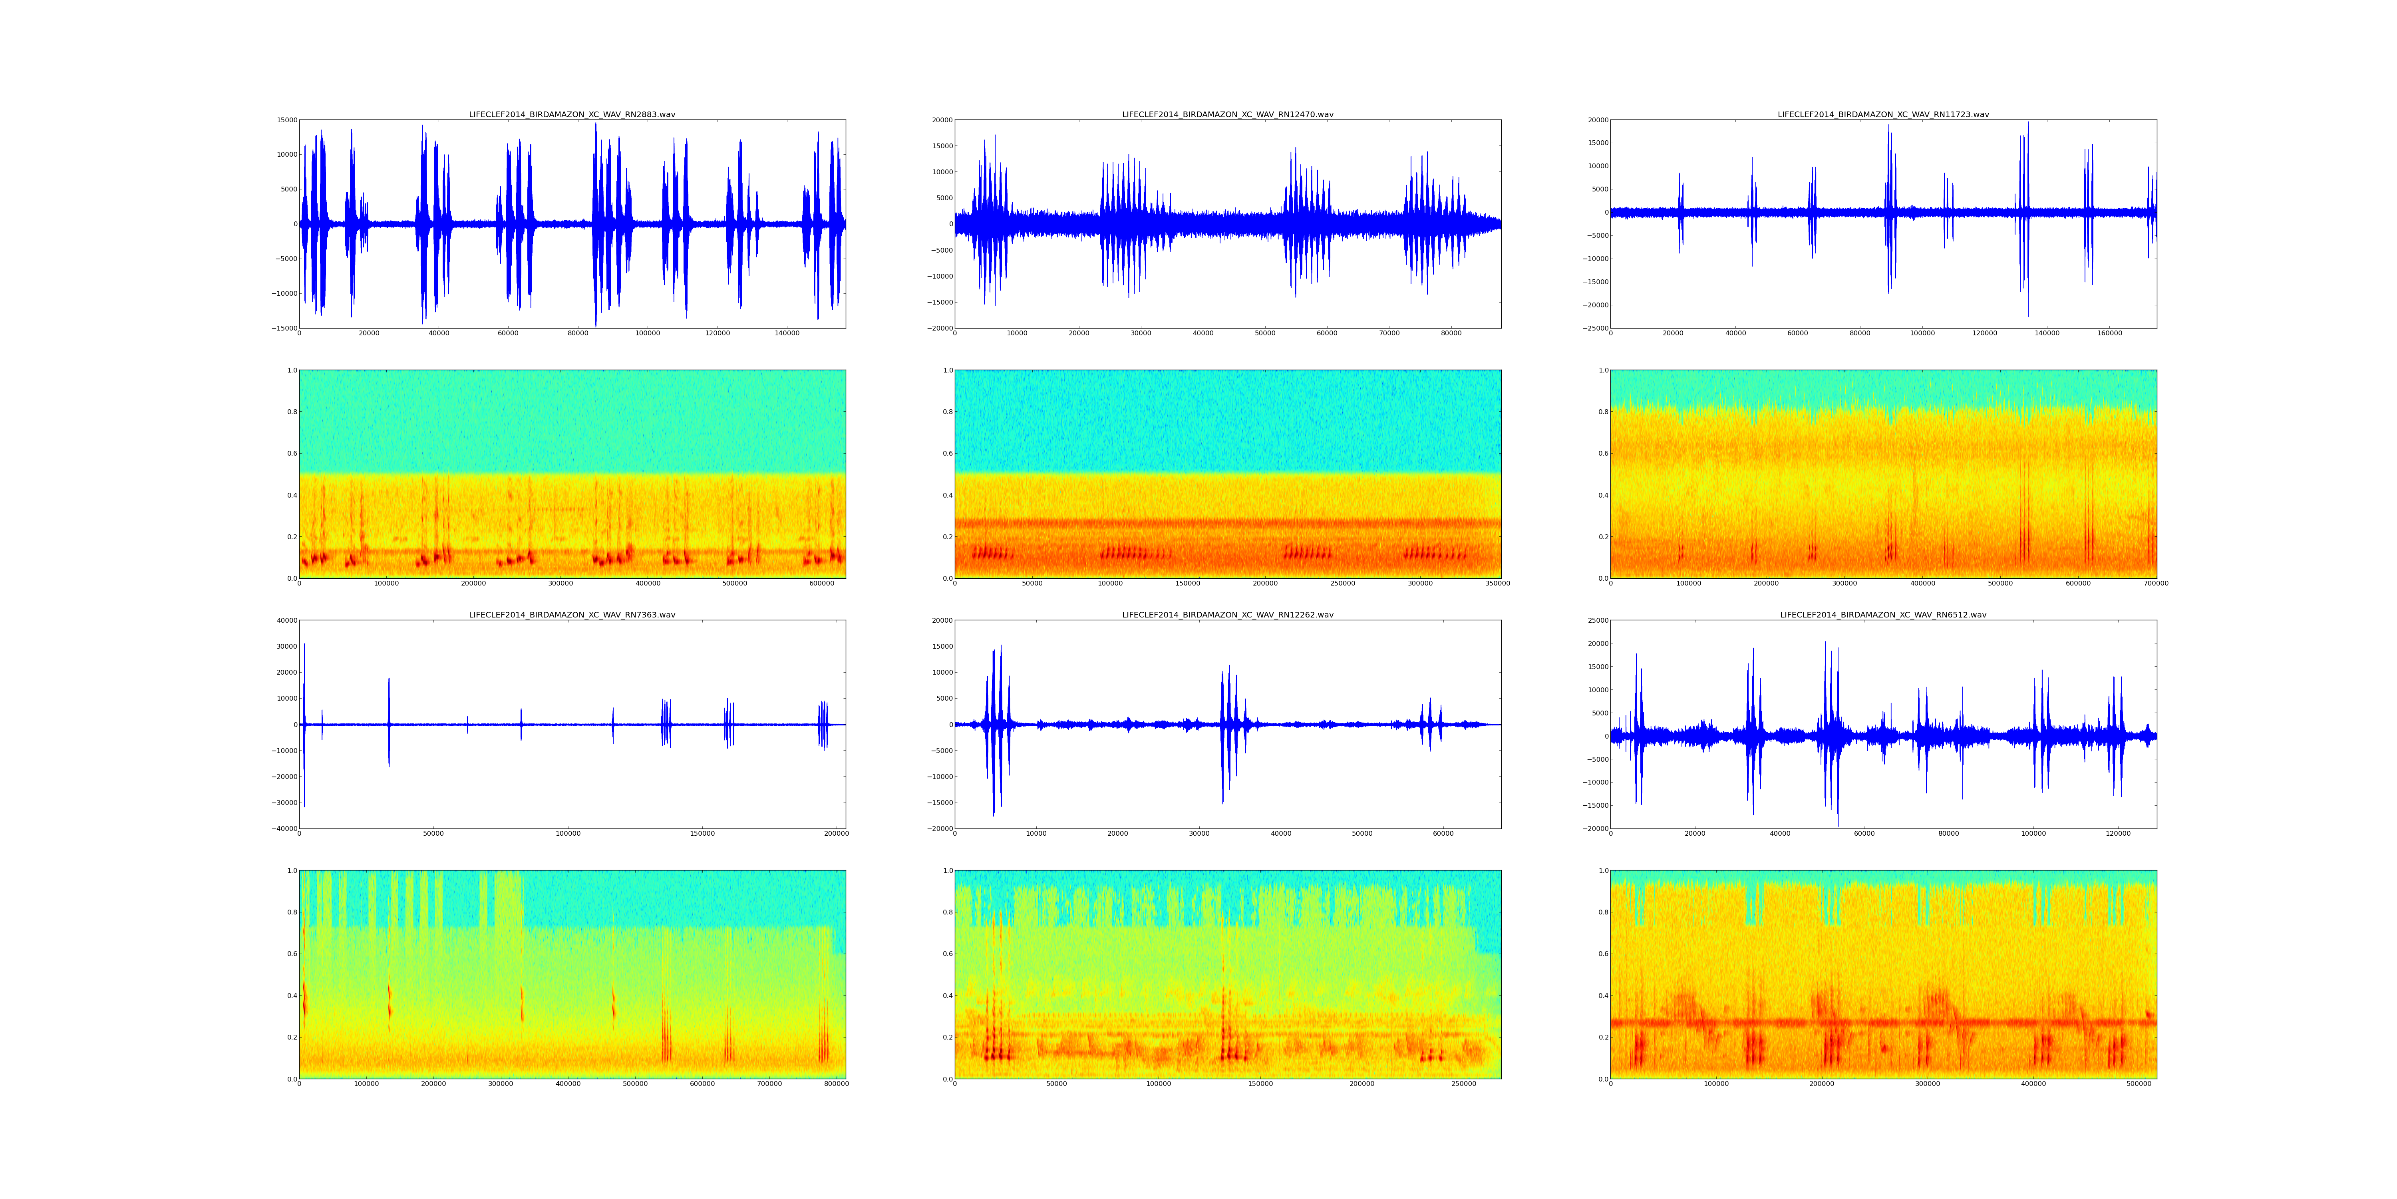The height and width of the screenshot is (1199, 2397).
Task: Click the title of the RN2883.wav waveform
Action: pyautogui.click(x=571, y=114)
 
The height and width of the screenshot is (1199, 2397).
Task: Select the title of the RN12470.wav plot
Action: pyautogui.click(x=1227, y=114)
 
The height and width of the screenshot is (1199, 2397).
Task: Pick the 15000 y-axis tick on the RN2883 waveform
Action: pyautogui.click(x=286, y=120)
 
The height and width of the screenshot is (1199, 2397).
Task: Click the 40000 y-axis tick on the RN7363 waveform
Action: pyautogui.click(x=285, y=621)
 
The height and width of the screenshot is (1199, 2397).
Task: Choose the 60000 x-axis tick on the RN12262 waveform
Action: pyautogui.click(x=1443, y=833)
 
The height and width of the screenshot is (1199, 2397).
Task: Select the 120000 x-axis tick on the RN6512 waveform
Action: pyautogui.click(x=2118, y=833)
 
